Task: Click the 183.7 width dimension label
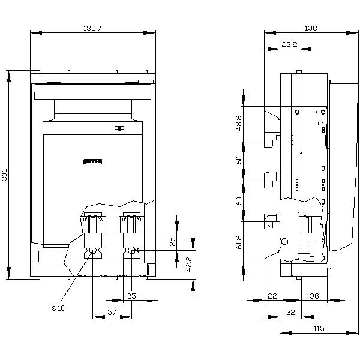point(92,28)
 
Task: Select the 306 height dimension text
point(5,175)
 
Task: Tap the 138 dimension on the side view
point(310,28)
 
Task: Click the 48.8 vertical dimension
point(238,123)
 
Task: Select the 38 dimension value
point(315,295)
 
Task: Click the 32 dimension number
point(291,312)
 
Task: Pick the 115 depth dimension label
point(318,328)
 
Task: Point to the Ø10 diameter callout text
point(58,308)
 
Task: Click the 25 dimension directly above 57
point(131,295)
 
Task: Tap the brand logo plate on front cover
point(94,161)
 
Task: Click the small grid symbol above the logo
point(118,128)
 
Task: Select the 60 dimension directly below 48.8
point(238,160)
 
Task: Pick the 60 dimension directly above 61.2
point(238,201)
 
